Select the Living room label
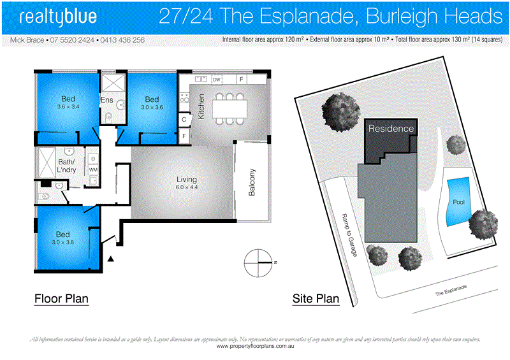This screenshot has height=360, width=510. (x=186, y=184)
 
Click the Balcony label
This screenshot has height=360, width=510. (x=252, y=182)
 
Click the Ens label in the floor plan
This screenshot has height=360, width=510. (x=106, y=100)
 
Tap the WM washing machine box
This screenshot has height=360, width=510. (x=93, y=170)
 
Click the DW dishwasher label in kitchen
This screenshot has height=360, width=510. (x=217, y=80)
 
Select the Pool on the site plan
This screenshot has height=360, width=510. (x=458, y=202)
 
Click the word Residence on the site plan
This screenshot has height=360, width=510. (x=391, y=129)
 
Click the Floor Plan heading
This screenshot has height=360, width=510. (x=61, y=298)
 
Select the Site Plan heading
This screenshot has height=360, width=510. (x=316, y=298)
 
